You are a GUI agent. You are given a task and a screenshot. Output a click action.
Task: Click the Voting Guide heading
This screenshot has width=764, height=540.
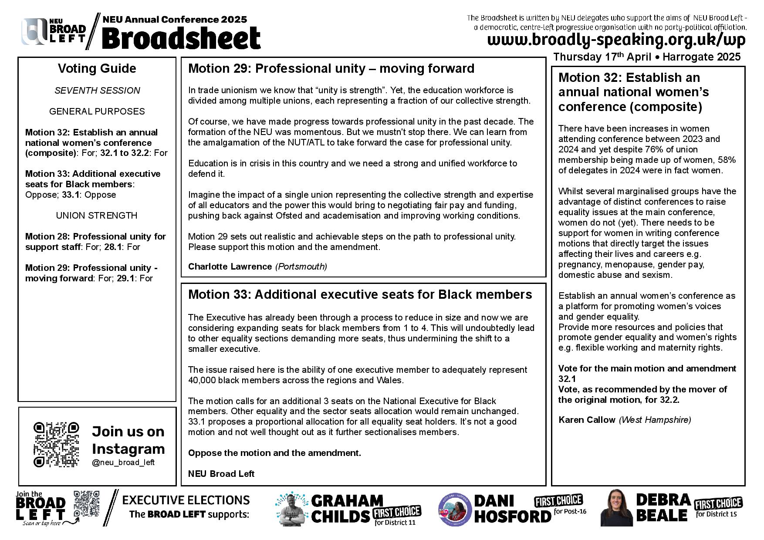point(97,68)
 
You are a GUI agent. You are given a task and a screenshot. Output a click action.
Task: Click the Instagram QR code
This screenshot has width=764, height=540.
point(56,444)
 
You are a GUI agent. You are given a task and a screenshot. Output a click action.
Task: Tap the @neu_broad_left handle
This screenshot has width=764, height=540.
point(123,462)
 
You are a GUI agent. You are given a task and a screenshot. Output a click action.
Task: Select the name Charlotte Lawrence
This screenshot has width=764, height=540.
point(230,267)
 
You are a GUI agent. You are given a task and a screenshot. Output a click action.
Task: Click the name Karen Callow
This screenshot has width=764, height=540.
point(587,420)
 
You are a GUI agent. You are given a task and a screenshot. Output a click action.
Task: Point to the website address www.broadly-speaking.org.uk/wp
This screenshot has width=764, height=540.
point(616,40)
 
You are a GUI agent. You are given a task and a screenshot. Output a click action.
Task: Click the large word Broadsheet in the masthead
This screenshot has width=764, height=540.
point(181,38)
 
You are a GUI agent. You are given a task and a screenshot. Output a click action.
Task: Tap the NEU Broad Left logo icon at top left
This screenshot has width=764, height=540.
point(35,32)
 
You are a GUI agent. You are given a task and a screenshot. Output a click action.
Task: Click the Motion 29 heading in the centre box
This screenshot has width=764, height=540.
point(331,68)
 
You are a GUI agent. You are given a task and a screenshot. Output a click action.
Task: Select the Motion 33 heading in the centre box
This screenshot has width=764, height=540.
point(360,294)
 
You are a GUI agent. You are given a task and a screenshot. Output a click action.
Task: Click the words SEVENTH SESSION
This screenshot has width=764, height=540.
point(97,91)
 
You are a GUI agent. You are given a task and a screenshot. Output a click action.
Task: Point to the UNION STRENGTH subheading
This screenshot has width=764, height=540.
point(97,216)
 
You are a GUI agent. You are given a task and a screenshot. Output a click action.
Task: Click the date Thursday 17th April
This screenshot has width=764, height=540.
point(602,57)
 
